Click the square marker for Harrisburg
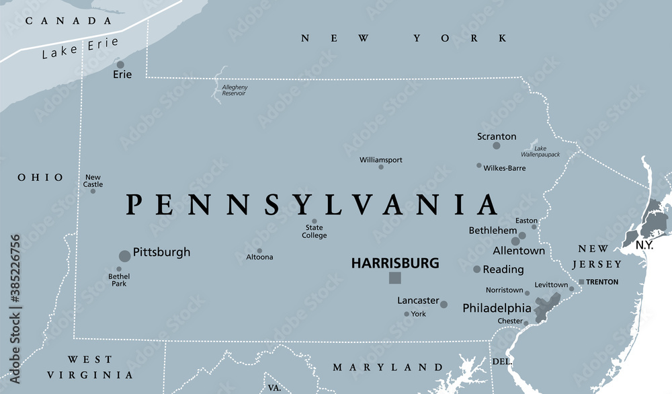click(395, 278)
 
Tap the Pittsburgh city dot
click(124, 255)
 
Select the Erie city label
click(122, 75)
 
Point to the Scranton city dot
click(497, 145)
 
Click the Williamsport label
click(381, 159)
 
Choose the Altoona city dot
click(259, 251)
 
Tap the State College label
click(314, 231)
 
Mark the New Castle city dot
click(93, 191)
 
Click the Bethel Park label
click(119, 280)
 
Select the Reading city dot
click(476, 269)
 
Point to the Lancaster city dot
click(444, 305)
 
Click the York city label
click(418, 314)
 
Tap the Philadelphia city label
click(497, 309)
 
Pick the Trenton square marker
click(581, 282)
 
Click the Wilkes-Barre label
click(504, 168)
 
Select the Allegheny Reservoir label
click(233, 90)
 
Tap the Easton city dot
click(534, 227)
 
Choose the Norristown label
click(504, 290)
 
